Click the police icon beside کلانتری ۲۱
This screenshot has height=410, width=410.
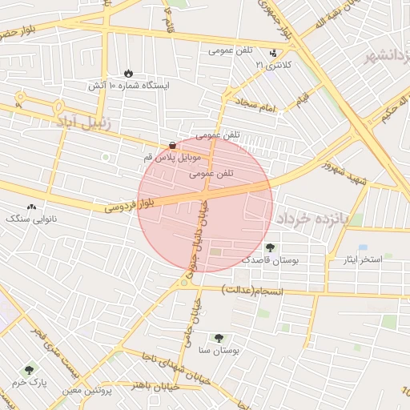click(x=274, y=53)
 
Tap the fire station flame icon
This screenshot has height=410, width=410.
click(x=131, y=73)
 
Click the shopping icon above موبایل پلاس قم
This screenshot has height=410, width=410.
click(x=173, y=145)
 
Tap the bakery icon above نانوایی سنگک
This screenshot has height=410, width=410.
click(x=32, y=206)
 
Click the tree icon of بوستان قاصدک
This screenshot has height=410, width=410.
click(x=270, y=247)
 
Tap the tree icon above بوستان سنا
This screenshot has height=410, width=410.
click(x=219, y=339)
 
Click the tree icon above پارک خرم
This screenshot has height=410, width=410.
click(x=30, y=370)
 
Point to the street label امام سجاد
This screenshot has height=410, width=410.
click(x=255, y=104)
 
